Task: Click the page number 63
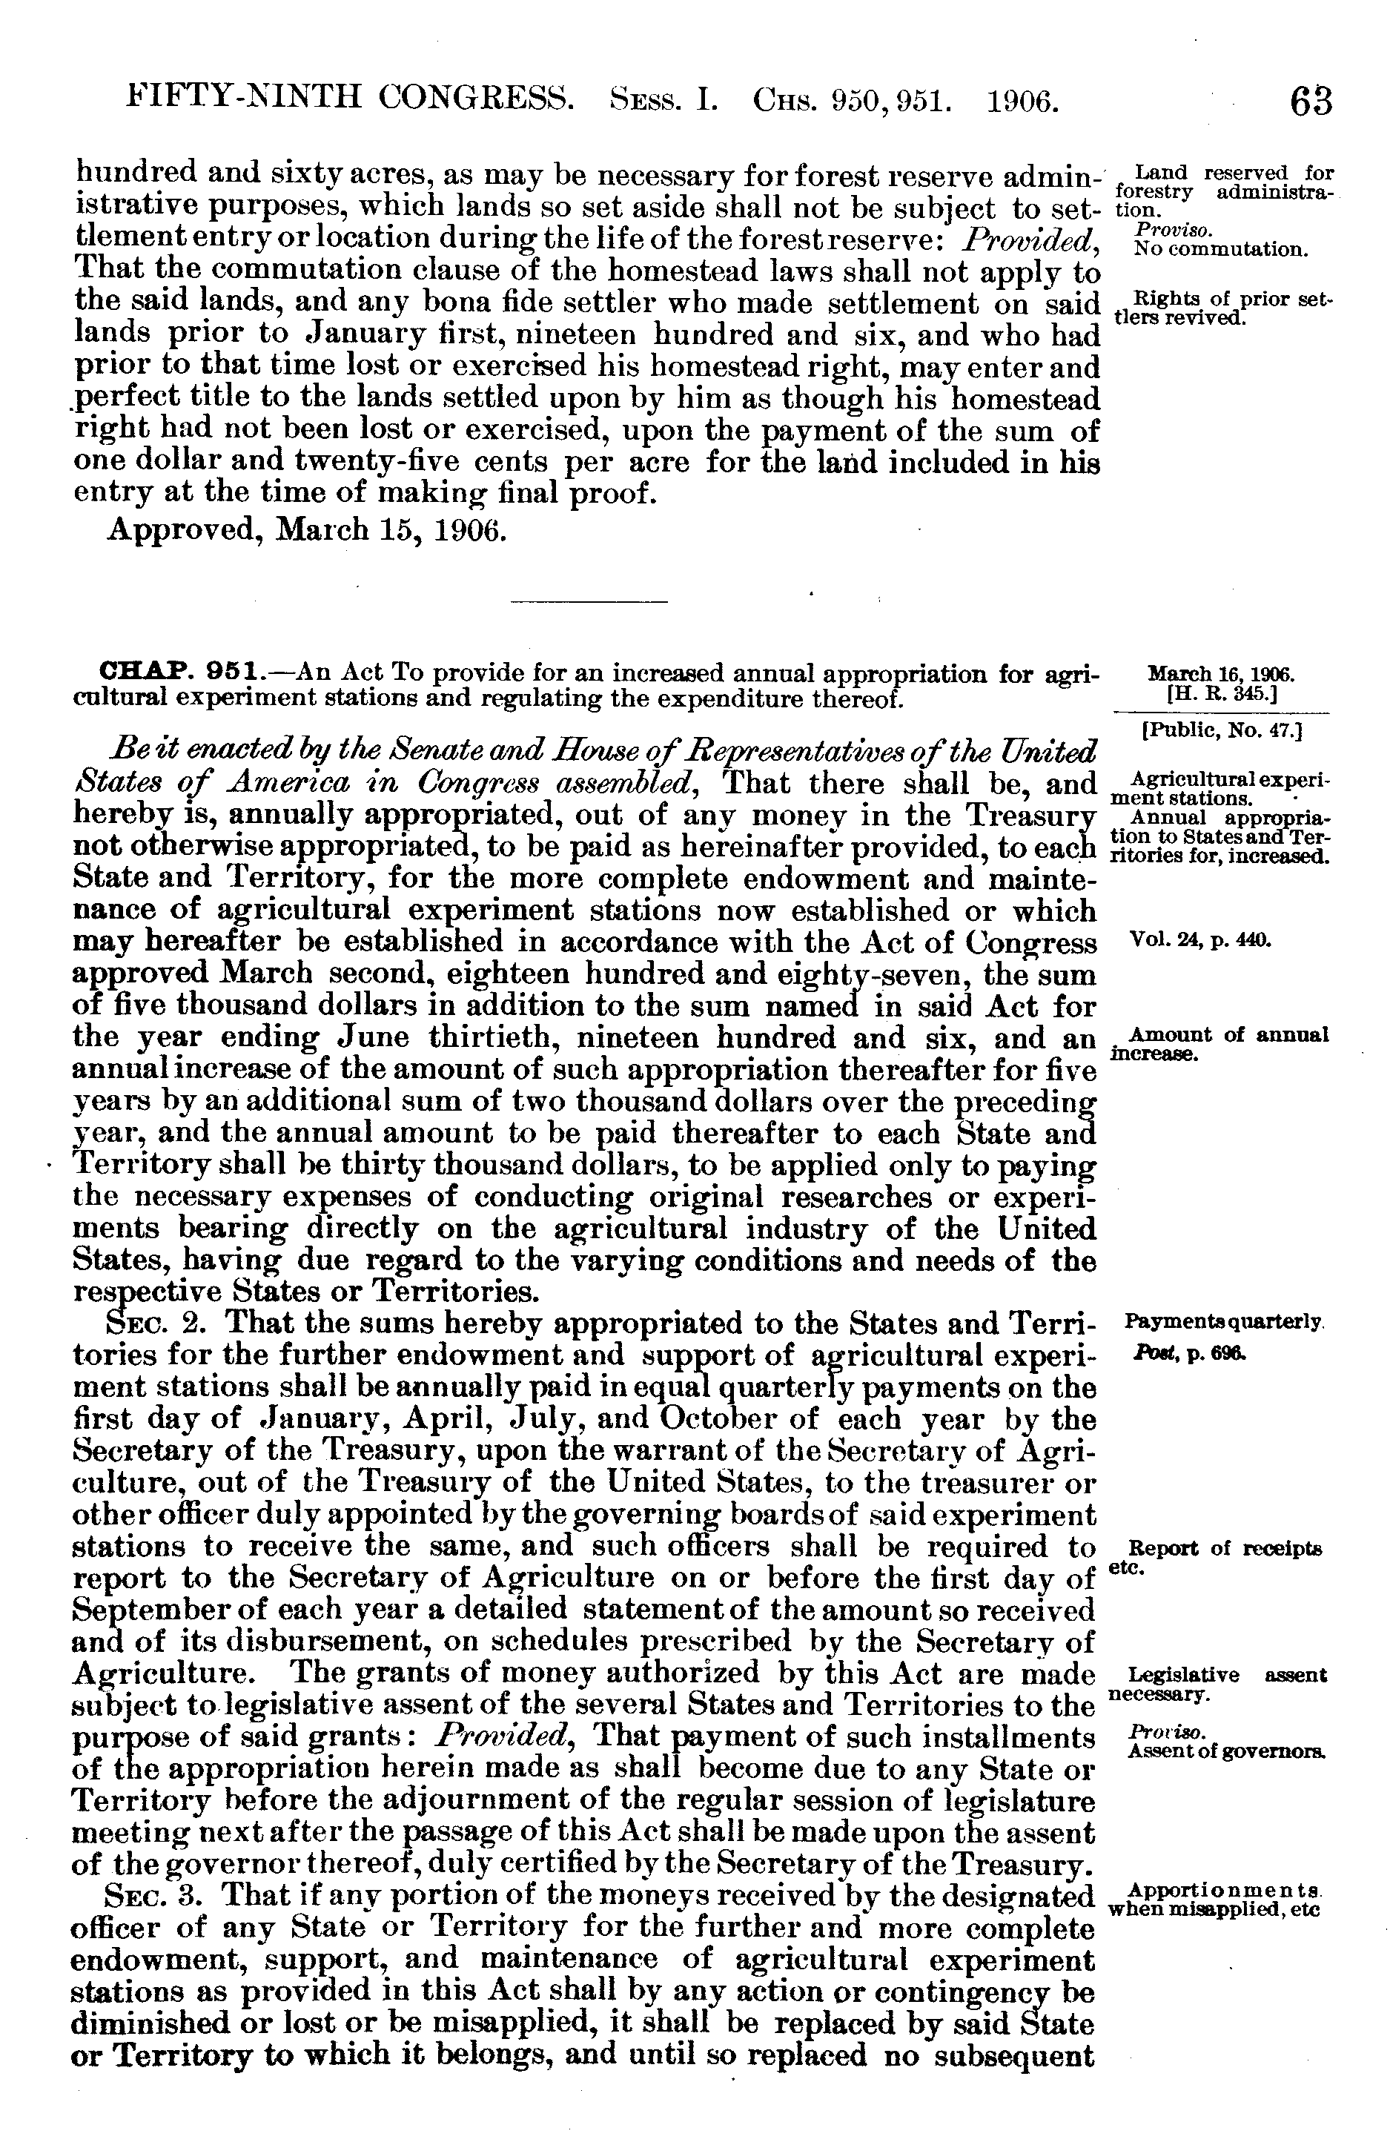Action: coord(1310,101)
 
